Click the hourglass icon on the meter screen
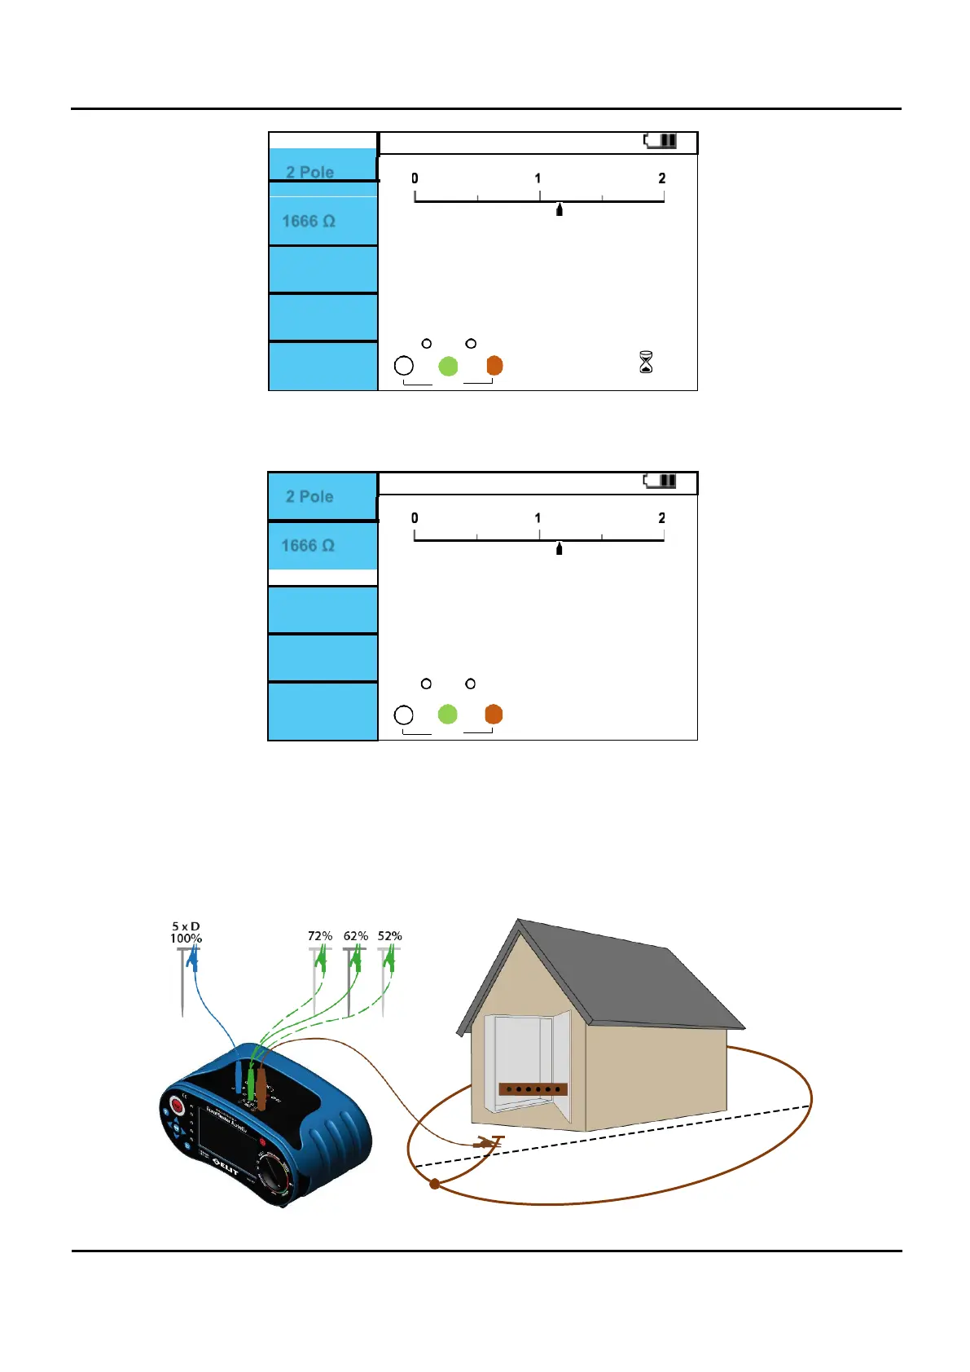click(x=646, y=362)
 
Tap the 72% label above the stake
click(x=320, y=936)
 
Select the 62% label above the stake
click(x=356, y=936)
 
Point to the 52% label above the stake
click(x=390, y=936)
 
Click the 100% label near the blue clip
click(x=186, y=939)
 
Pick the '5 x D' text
click(x=186, y=926)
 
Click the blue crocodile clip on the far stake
click(x=192, y=961)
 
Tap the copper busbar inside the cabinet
click(x=533, y=1088)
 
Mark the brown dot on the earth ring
click(x=435, y=1184)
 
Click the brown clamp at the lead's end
click(x=488, y=1143)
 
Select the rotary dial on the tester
click(x=274, y=1177)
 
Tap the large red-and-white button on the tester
click(x=177, y=1106)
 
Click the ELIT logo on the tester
click(x=226, y=1165)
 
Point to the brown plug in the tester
click(x=261, y=1083)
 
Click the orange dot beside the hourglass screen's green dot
click(x=494, y=366)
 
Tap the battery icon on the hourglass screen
click(x=661, y=141)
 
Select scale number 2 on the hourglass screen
click(x=662, y=178)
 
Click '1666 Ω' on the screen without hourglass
click(x=308, y=545)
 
